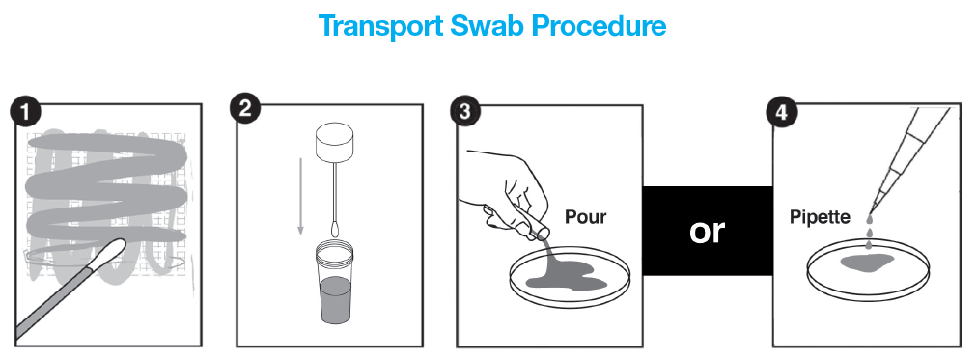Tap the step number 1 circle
pyautogui.click(x=25, y=113)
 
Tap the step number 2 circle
pyautogui.click(x=245, y=109)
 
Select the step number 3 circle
pyautogui.click(x=464, y=113)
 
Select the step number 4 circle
pyautogui.click(x=781, y=113)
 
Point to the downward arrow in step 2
pyautogui.click(x=300, y=197)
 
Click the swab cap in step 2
pyautogui.click(x=334, y=143)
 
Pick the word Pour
pyautogui.click(x=585, y=217)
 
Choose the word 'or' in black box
pyautogui.click(x=707, y=231)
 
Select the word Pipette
pyautogui.click(x=820, y=217)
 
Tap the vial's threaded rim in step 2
pyautogui.click(x=336, y=252)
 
